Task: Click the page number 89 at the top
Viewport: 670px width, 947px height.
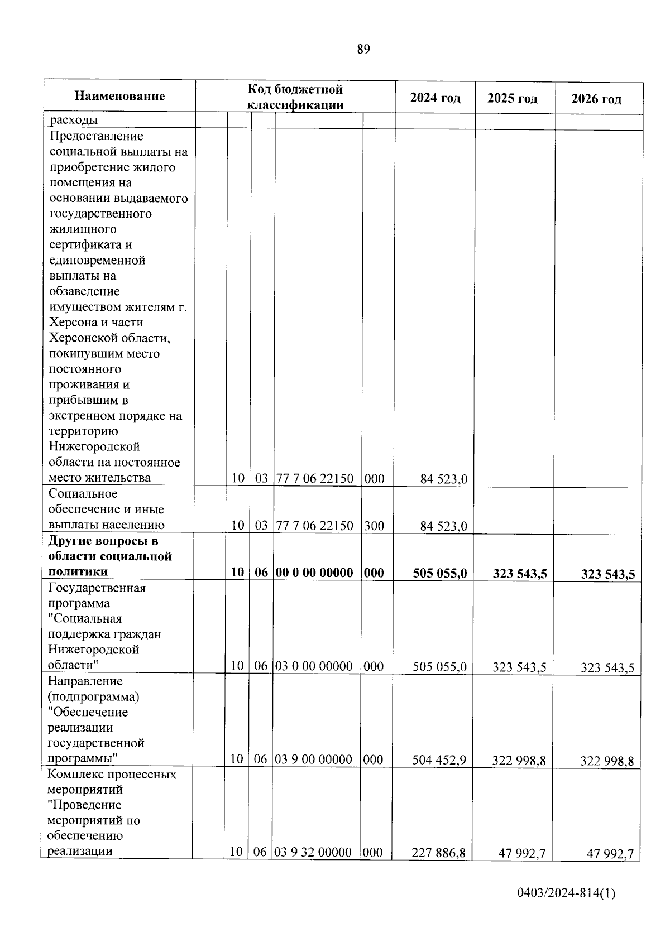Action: (363, 50)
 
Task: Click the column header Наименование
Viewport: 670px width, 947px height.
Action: (120, 96)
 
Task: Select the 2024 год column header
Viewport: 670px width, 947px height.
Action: (435, 98)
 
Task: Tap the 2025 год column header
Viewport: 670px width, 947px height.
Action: (512, 99)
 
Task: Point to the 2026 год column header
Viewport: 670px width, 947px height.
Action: (596, 99)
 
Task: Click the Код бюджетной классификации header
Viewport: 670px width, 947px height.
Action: (295, 97)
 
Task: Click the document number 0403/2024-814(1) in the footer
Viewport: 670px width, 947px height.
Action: (566, 894)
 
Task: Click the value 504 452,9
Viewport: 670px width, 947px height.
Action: (439, 759)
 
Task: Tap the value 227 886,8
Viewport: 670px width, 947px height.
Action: (438, 853)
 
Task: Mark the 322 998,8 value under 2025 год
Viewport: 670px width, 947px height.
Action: (519, 761)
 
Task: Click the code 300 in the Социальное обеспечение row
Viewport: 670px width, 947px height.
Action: (374, 526)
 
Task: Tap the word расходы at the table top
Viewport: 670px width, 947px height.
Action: (74, 120)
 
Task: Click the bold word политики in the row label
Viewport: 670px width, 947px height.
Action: (78, 572)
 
